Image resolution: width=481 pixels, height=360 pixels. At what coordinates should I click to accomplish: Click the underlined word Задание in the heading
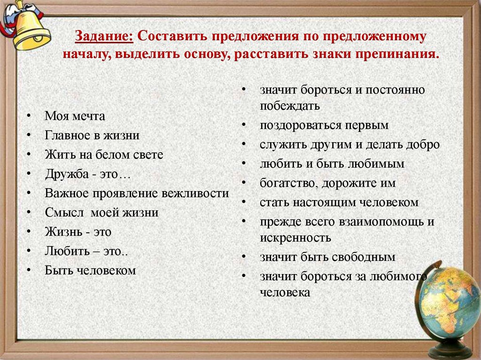click(103, 37)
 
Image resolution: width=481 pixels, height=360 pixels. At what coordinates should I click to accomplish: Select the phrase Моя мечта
click(75, 116)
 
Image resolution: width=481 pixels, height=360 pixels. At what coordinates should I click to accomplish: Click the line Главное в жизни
click(93, 135)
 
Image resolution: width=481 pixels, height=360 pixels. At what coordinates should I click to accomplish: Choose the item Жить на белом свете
click(104, 154)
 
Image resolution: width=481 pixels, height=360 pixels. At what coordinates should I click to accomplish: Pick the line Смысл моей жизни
click(102, 213)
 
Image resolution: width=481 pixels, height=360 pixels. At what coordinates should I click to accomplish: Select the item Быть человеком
click(90, 270)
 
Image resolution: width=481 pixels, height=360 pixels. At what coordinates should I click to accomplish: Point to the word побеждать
click(290, 106)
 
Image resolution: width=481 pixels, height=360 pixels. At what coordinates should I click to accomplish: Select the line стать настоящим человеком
click(339, 202)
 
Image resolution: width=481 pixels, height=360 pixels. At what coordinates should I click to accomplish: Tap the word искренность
click(295, 237)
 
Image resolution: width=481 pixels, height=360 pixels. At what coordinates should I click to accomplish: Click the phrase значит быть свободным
click(327, 257)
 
